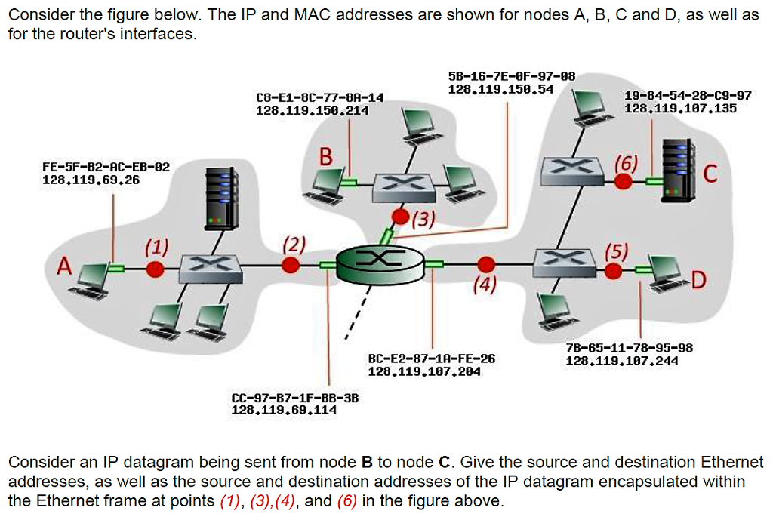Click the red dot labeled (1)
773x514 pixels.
click(155, 269)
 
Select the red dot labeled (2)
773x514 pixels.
click(290, 265)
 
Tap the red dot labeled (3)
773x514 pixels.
click(401, 218)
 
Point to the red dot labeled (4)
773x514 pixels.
click(487, 264)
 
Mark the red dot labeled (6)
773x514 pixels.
click(624, 181)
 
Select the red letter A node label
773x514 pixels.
click(66, 267)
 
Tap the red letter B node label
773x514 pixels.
click(325, 157)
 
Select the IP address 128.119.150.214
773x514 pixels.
click(313, 110)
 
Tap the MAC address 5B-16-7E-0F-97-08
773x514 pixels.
click(501, 76)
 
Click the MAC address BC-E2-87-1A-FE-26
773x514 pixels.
click(432, 359)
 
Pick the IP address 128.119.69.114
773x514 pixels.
click(284, 410)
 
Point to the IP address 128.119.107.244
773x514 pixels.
click(622, 361)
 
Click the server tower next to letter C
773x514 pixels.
click(675, 170)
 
